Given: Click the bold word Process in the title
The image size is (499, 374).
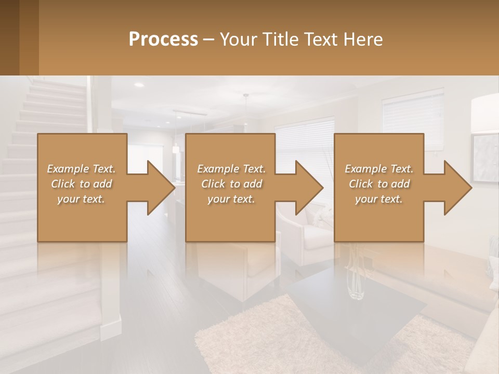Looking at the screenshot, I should pos(163,39).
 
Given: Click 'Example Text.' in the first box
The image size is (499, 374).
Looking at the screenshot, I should pos(81,169).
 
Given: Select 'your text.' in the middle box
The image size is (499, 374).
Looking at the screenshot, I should pos(231,199).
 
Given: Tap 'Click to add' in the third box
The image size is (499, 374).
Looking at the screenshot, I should pos(379,184).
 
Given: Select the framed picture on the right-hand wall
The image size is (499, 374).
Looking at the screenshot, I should pos(485,158).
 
